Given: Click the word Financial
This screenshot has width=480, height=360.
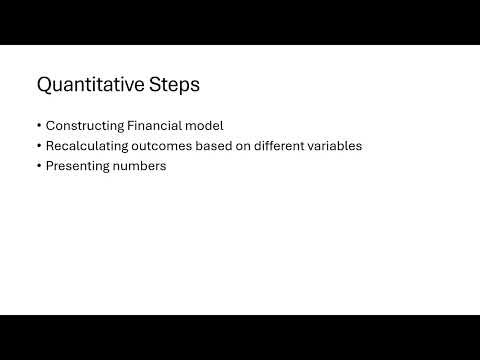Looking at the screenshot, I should click(153, 125).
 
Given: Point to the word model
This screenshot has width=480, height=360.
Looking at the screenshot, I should click(203, 125).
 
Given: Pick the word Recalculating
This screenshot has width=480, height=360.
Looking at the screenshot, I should click(86, 146).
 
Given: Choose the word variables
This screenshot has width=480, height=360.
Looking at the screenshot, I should click(335, 146).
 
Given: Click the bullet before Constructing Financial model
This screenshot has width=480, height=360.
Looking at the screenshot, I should click(38, 126).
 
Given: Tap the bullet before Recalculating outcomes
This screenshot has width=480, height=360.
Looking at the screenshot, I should click(38, 146).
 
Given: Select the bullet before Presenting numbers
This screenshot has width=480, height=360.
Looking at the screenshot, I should click(38, 167).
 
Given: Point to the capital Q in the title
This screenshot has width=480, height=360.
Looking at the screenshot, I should click(45, 85).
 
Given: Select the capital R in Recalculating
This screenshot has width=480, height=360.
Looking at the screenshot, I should click(50, 146).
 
